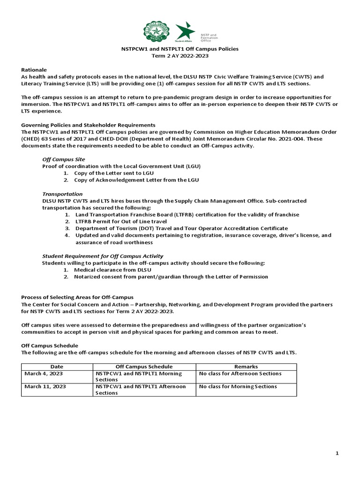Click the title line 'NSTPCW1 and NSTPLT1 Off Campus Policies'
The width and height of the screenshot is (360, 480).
coord(180,49)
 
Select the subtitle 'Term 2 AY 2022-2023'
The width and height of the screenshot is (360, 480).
coord(180,56)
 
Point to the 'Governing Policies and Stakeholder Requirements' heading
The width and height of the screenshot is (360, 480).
coord(88,125)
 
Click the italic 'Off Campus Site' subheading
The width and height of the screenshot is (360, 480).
coord(64,159)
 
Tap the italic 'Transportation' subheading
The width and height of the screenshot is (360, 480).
coord(62,194)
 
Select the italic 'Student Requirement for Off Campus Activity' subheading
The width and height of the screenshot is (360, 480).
coord(103,256)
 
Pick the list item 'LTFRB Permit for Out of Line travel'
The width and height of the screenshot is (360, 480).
coord(120,221)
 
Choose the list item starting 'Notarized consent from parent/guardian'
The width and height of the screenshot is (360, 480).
coord(171,277)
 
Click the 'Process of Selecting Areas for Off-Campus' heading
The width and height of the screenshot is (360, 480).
coord(78,297)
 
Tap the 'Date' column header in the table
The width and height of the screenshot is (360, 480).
coord(57,366)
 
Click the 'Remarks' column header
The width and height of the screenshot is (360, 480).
coord(246,366)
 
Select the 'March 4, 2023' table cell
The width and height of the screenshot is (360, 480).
coord(44,374)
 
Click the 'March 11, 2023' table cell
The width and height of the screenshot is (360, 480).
coord(45,387)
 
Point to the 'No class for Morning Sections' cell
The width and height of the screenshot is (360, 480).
coord(238,387)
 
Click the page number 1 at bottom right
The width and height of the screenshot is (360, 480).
coord(337,453)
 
